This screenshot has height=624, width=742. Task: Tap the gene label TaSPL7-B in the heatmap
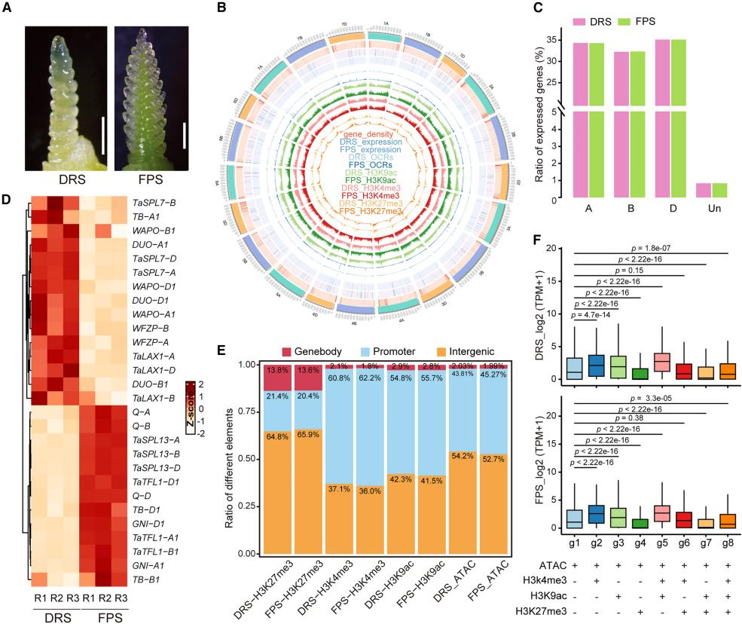(154, 203)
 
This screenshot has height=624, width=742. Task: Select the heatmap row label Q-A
(140, 402)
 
